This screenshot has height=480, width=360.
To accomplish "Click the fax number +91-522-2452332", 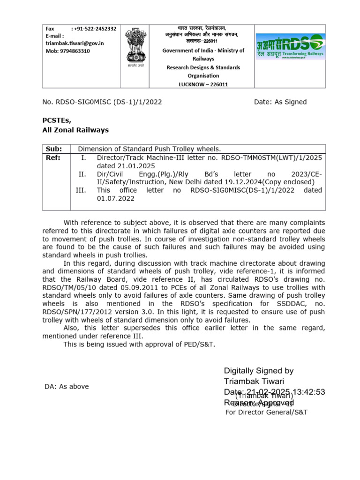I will pyautogui.click(x=93, y=29).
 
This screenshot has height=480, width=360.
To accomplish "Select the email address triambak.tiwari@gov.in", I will pyautogui.click(x=75, y=43).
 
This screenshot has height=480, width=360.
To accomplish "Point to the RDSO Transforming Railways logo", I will pyautogui.click(x=289, y=46).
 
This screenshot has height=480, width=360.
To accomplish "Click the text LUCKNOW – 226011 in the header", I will pyautogui.click(x=203, y=84).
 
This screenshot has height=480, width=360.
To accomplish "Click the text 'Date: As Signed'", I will pyautogui.click(x=280, y=102).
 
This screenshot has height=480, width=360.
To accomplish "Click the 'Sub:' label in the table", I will pyautogui.click(x=53, y=149).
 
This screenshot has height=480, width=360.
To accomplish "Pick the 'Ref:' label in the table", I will pyautogui.click(x=53, y=157).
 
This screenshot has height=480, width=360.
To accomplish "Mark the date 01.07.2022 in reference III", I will pyautogui.click(x=115, y=198).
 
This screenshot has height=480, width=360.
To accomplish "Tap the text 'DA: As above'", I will pyautogui.click(x=67, y=386).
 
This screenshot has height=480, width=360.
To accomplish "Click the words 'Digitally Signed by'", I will pyautogui.click(x=259, y=371).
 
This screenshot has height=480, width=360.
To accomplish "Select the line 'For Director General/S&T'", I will pyautogui.click(x=266, y=412).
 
